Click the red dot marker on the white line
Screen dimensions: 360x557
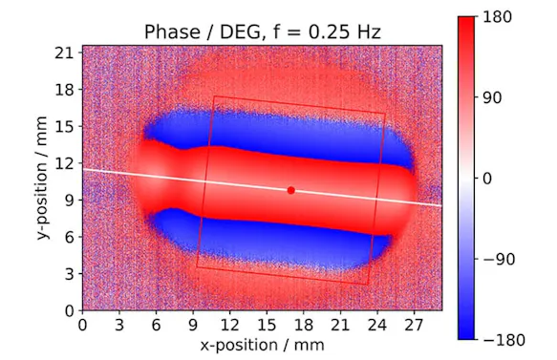click(x=290, y=190)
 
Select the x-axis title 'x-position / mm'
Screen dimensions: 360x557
click(x=261, y=343)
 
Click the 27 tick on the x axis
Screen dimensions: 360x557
click(x=415, y=323)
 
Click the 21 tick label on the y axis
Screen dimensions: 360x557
click(x=65, y=53)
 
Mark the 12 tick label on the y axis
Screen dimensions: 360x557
click(x=65, y=163)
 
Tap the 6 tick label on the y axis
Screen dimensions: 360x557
click(x=69, y=237)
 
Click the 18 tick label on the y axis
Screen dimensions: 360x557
click(x=65, y=90)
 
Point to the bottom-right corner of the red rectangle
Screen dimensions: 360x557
click(x=368, y=284)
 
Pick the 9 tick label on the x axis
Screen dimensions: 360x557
click(x=193, y=323)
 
